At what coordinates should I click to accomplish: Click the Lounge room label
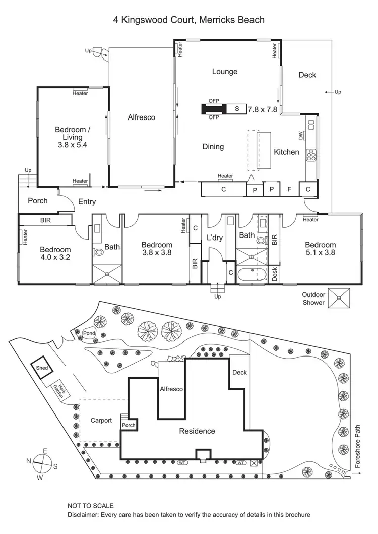(x=224, y=72)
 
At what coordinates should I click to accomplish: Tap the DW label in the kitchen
(x=301, y=135)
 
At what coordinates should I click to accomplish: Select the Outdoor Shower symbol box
(x=339, y=298)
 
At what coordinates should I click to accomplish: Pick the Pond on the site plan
(x=89, y=333)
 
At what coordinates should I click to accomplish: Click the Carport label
(x=101, y=420)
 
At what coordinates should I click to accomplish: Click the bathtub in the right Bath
(x=254, y=275)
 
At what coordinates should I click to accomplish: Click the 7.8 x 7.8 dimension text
(x=262, y=109)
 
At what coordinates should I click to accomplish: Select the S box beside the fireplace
(x=236, y=109)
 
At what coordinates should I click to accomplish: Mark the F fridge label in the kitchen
(x=289, y=189)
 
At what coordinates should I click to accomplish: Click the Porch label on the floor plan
(x=38, y=200)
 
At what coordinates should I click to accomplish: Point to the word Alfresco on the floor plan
(x=141, y=117)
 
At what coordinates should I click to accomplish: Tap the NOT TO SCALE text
(x=91, y=506)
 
